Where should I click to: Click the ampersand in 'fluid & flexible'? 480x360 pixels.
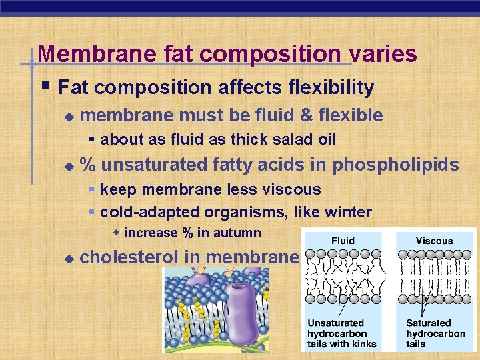307,116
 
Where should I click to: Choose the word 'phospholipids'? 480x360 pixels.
395,165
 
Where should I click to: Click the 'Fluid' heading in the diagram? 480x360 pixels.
343,241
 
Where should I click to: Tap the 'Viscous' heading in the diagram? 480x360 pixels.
434,241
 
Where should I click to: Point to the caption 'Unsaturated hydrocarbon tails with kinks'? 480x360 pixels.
341,333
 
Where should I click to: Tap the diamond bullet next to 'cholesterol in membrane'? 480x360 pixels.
68,257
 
